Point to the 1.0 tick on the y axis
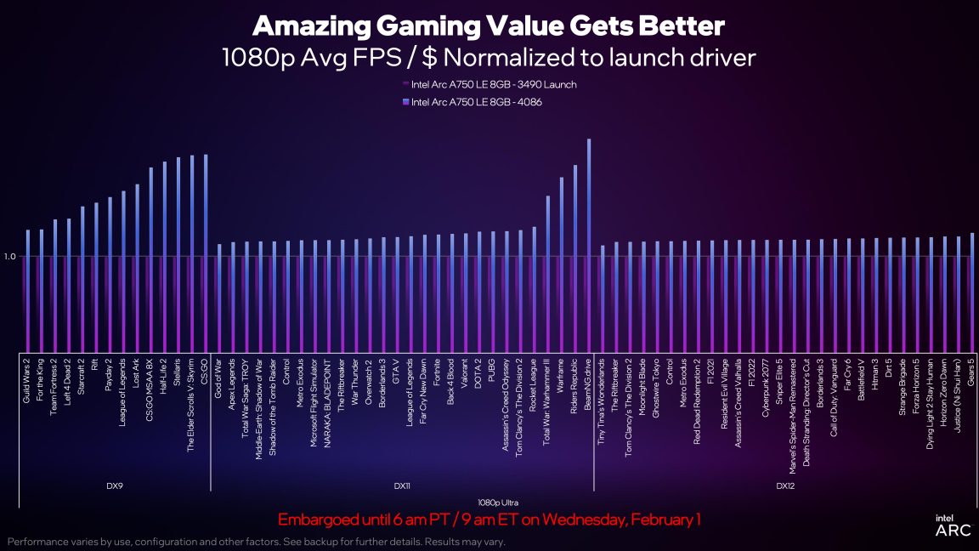pyautogui.click(x=10, y=256)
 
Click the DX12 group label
pyautogui.click(x=786, y=486)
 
